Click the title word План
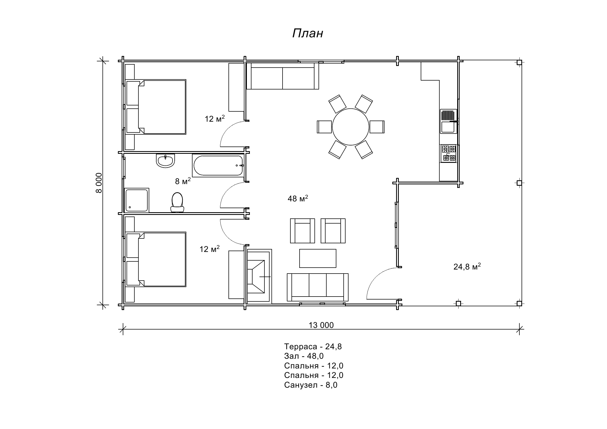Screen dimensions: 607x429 tap(308, 34)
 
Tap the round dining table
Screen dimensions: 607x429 tap(350, 127)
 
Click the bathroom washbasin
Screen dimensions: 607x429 tap(165, 161)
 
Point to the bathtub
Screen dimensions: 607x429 tap(218, 165)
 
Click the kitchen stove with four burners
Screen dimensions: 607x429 tap(448, 153)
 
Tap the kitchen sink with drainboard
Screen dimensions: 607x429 tap(448, 121)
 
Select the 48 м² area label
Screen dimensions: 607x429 tap(298, 199)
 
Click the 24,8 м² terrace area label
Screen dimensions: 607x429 tap(467, 267)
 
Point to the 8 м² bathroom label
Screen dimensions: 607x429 tap(183, 181)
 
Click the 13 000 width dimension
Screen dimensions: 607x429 tap(321, 325)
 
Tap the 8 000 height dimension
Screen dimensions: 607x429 tap(99, 183)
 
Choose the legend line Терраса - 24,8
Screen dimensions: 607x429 tap(313, 347)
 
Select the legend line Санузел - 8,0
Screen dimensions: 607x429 tap(311, 385)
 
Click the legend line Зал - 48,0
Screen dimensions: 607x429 tap(304, 356)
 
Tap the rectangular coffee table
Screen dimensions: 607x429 tap(318, 258)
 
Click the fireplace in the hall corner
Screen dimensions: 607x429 tap(259, 277)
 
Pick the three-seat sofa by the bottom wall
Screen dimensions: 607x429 tap(318, 287)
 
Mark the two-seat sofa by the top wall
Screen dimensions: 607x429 tap(283, 76)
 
